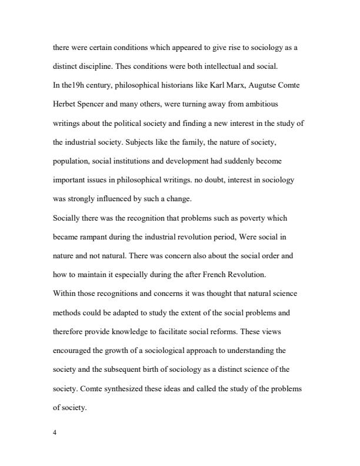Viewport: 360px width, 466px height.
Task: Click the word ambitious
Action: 260,104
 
